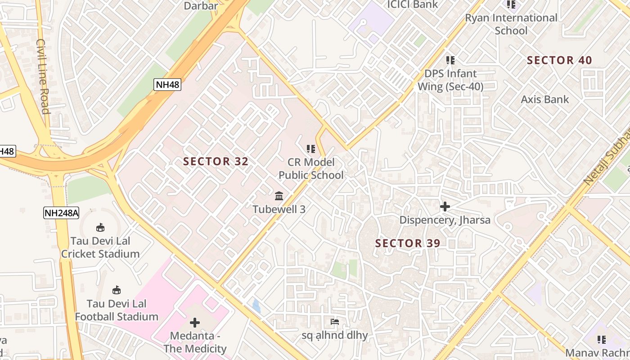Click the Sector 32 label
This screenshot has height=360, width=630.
point(216,162)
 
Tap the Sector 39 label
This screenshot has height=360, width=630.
point(408,243)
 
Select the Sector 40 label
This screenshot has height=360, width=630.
point(559,60)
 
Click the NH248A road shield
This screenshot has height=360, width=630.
point(61,213)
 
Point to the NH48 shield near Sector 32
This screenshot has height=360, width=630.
point(167,84)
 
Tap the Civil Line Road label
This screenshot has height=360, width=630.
point(43,76)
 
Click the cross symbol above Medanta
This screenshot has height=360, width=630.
point(195,323)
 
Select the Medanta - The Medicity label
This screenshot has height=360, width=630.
point(195,342)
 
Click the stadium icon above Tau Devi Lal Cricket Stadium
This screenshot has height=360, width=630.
point(100,227)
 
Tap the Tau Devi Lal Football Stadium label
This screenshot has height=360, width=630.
point(117,310)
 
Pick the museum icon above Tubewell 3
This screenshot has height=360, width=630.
point(279,196)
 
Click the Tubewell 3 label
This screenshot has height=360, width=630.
point(279,209)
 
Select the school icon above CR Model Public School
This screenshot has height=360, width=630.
point(310,148)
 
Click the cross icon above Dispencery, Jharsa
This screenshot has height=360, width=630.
point(445,207)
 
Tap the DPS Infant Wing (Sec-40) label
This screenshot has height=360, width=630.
point(450,80)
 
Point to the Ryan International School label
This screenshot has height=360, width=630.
point(511,24)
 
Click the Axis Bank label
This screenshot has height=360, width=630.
point(545,99)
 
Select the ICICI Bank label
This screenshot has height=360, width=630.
point(413,4)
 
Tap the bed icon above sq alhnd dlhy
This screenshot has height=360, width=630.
point(335,321)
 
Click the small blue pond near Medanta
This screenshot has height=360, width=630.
point(256,306)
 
